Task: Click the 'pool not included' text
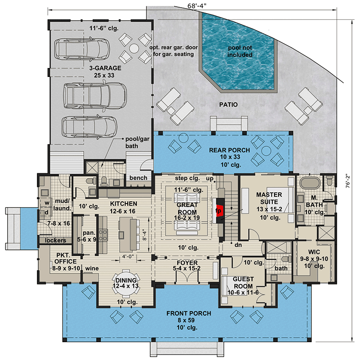pos(240,50)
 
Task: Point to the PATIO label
pos(229,105)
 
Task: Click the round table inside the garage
pos(134,48)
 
